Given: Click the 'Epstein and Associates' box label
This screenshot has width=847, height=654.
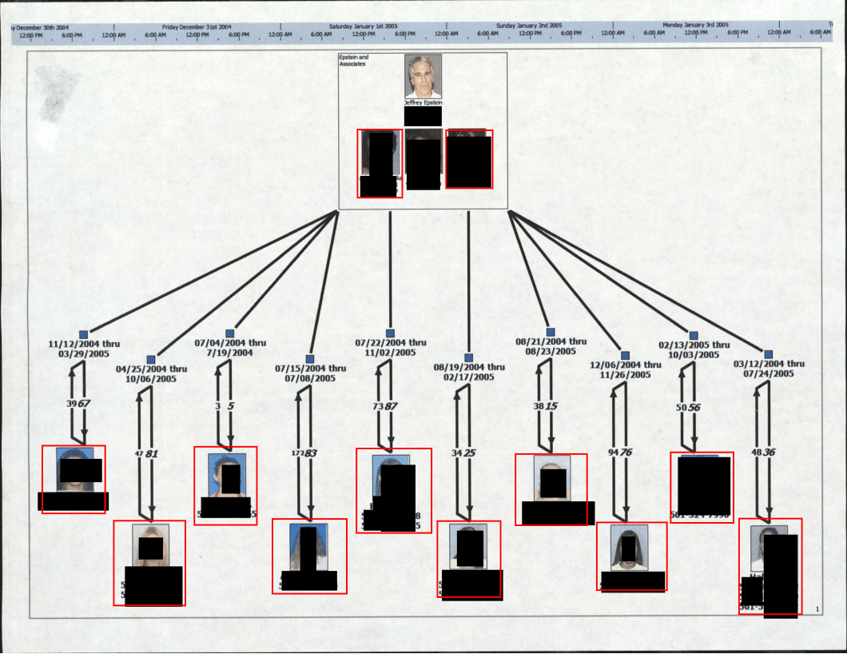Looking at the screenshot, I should (353, 61).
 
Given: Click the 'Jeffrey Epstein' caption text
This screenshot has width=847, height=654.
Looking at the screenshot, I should (423, 103).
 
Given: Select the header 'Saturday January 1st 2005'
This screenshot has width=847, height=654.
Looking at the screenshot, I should (363, 26).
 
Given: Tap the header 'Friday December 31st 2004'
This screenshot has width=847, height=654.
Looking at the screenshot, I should (197, 26).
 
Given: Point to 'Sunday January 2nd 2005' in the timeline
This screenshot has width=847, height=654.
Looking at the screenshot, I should (528, 26).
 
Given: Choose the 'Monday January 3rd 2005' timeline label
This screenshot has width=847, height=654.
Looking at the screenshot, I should (695, 26).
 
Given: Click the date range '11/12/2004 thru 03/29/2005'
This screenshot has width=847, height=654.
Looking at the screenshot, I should (84, 349).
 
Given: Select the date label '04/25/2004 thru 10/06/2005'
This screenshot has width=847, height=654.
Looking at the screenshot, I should (151, 374).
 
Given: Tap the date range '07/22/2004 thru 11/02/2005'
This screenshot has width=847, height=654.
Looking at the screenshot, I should (391, 348).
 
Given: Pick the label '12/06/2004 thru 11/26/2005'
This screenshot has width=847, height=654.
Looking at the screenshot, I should (626, 369).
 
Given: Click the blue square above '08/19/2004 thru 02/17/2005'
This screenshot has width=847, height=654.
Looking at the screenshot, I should (469, 357).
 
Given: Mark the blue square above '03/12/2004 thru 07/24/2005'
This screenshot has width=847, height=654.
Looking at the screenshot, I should (769, 354).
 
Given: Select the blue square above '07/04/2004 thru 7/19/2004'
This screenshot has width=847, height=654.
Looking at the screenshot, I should (230, 333).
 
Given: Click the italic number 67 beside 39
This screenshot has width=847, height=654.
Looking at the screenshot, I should (84, 403).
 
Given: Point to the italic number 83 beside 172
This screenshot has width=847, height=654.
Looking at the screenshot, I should (311, 453).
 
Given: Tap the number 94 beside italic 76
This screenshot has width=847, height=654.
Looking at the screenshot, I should (613, 453).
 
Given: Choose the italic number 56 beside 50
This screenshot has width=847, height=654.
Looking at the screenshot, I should (694, 407).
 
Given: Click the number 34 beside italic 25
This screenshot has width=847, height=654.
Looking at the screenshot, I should (457, 453).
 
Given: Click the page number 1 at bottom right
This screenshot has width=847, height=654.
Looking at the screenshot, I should (817, 610).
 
